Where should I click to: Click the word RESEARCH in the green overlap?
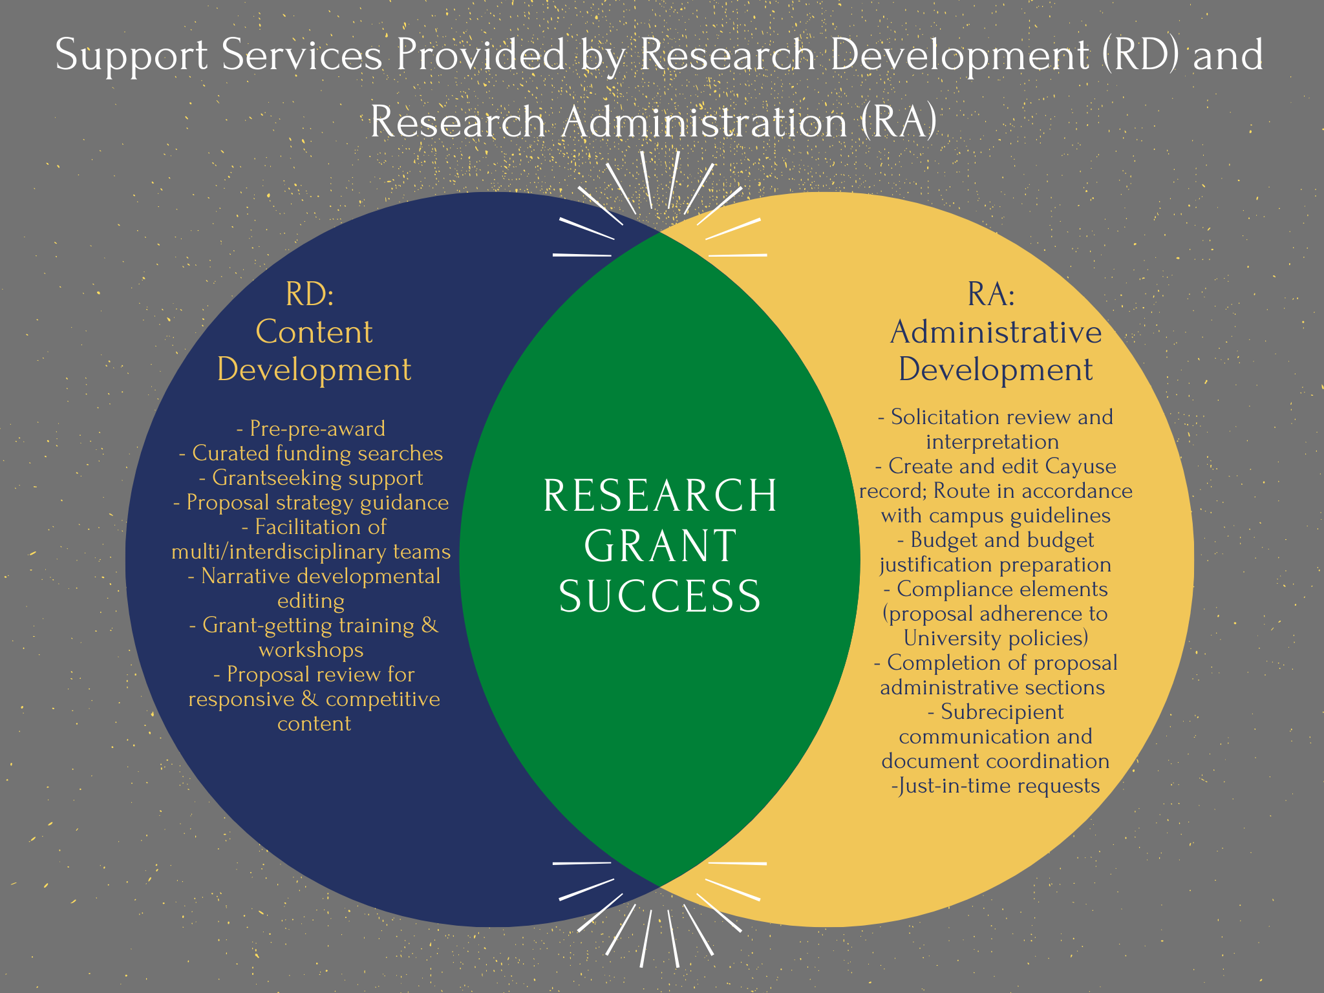[x=660, y=496]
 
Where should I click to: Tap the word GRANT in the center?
[x=660, y=546]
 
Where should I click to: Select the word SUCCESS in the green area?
[x=660, y=595]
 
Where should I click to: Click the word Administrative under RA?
[x=996, y=332]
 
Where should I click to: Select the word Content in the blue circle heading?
[x=314, y=332]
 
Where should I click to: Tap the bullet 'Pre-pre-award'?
[x=311, y=429]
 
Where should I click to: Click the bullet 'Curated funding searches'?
[x=311, y=453]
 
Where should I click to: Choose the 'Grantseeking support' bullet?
[x=311, y=478]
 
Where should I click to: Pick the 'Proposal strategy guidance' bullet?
[x=311, y=502]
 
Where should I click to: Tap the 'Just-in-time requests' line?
[x=996, y=785]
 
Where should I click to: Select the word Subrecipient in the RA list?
[x=1002, y=712]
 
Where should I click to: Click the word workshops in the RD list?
[x=311, y=650]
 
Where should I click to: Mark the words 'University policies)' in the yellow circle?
[x=996, y=638]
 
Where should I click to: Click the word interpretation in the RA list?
[x=992, y=442]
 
